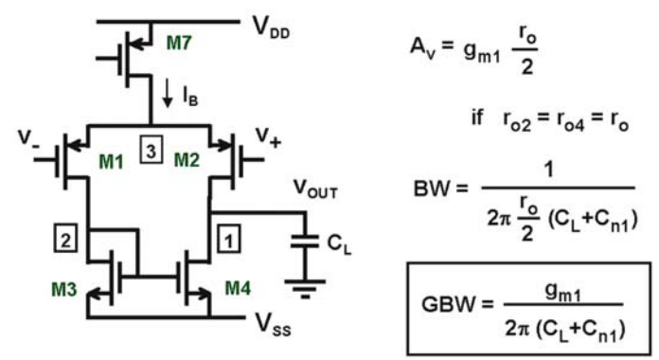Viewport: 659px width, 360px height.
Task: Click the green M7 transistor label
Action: click(179, 43)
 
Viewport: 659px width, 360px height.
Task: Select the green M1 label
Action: click(111, 161)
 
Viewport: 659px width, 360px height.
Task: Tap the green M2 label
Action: click(187, 160)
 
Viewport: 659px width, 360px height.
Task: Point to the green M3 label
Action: click(63, 289)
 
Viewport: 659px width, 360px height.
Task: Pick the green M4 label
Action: click(238, 288)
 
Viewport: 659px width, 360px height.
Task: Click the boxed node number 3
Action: click(151, 151)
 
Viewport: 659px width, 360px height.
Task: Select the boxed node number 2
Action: click(65, 240)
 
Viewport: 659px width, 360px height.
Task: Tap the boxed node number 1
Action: click(229, 240)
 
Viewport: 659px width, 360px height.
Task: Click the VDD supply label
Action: click(271, 27)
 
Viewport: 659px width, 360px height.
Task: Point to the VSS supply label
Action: click(274, 325)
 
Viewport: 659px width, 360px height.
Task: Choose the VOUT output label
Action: click(315, 189)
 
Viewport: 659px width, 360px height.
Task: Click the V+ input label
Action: click(268, 137)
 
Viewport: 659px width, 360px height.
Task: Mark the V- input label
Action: click(28, 138)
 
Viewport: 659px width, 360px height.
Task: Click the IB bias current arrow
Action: click(168, 93)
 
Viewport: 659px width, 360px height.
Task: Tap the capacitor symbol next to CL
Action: click(305, 242)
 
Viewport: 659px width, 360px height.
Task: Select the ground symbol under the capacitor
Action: click(305, 289)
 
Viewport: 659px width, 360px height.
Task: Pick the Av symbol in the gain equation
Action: click(423, 47)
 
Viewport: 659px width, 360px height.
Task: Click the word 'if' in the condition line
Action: click(477, 117)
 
